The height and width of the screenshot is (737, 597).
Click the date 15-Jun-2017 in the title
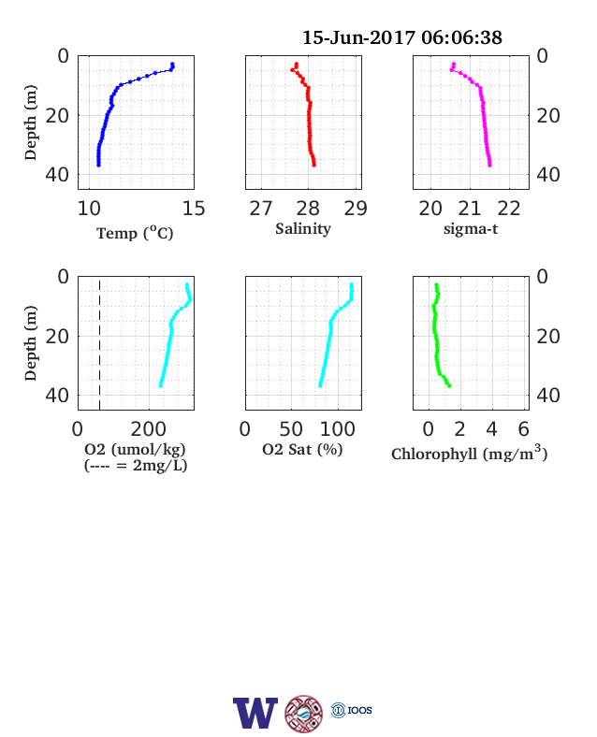[358, 37]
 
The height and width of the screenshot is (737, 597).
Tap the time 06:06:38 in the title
[461, 37]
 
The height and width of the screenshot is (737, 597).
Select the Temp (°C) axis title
[135, 233]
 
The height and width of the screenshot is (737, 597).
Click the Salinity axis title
[303, 229]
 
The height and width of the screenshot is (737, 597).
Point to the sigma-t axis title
[471, 229]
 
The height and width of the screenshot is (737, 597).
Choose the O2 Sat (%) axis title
[302, 449]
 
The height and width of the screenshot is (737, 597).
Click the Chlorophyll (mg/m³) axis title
[470, 453]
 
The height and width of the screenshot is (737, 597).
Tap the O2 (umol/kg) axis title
[135, 449]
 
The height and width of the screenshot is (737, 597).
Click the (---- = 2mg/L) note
[136, 466]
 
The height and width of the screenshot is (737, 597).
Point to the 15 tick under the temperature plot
[194, 209]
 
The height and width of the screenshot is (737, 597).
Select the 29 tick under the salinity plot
[356, 209]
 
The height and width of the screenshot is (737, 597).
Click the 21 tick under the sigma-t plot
[470, 209]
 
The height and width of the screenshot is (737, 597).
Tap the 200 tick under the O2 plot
[149, 429]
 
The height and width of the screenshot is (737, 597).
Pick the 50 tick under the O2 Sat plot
[291, 429]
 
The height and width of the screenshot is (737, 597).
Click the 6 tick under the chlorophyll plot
[524, 429]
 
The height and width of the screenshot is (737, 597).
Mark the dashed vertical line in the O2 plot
[100, 345]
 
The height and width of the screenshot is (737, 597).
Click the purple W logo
[255, 713]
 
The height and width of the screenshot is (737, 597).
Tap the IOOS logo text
[360, 710]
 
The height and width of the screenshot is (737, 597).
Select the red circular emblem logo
[304, 714]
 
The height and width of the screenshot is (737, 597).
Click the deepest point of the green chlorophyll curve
[449, 386]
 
